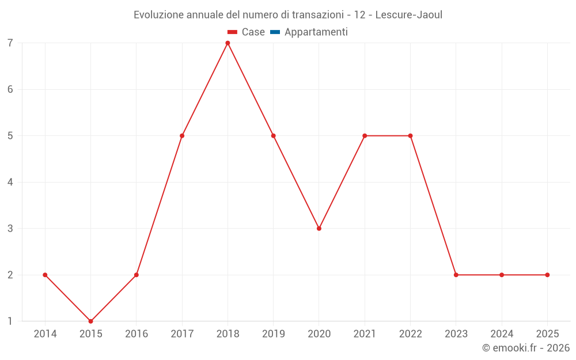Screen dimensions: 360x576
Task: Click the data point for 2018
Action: [x=228, y=43]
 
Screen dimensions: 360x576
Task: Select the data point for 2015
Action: [x=90, y=321]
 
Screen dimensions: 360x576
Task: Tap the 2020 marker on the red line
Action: [x=319, y=229]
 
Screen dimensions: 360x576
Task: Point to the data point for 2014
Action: [x=45, y=275]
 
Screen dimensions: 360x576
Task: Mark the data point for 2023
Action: [x=456, y=275]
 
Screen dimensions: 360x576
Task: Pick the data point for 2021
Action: [x=365, y=136]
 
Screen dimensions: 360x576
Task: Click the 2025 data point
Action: [x=547, y=275]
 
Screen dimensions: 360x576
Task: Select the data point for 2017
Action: [x=182, y=136]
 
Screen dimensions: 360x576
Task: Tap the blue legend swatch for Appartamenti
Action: [x=275, y=32]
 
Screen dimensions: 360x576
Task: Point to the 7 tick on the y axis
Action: [x=10, y=43]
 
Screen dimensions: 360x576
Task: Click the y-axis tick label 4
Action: [x=10, y=183]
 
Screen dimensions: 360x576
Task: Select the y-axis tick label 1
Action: [x=10, y=321]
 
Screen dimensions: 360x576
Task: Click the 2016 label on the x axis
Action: [x=137, y=334]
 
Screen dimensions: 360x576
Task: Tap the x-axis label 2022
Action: [x=410, y=334]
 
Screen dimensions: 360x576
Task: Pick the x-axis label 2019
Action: [x=273, y=334]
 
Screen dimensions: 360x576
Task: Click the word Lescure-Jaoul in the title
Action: [x=408, y=15]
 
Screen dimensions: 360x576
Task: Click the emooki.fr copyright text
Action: [x=526, y=348]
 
